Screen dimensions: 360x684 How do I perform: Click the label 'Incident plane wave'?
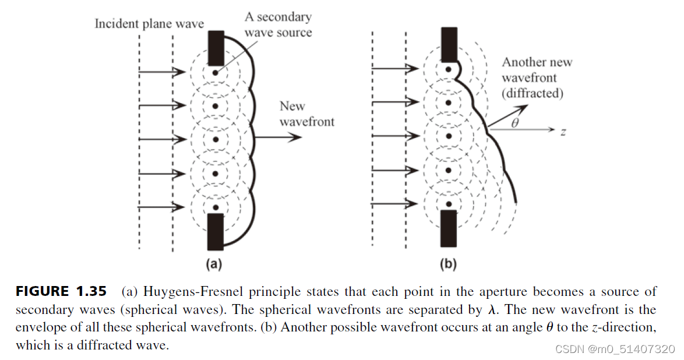[x=150, y=24]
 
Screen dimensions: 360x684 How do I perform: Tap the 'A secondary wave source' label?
[x=278, y=24]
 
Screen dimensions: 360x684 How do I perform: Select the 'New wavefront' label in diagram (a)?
[x=307, y=114]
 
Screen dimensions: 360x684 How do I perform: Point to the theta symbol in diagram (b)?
[x=513, y=123]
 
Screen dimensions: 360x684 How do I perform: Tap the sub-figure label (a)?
[x=214, y=264]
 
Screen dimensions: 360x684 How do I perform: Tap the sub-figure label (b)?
[x=447, y=264]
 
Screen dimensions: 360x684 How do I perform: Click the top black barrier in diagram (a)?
[x=215, y=48]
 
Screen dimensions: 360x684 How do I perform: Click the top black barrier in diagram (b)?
[x=449, y=44]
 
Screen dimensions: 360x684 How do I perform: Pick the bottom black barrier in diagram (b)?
[x=449, y=228]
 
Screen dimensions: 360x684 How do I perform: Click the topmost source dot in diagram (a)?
[x=216, y=73]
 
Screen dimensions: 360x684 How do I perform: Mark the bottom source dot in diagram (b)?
[x=449, y=203]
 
